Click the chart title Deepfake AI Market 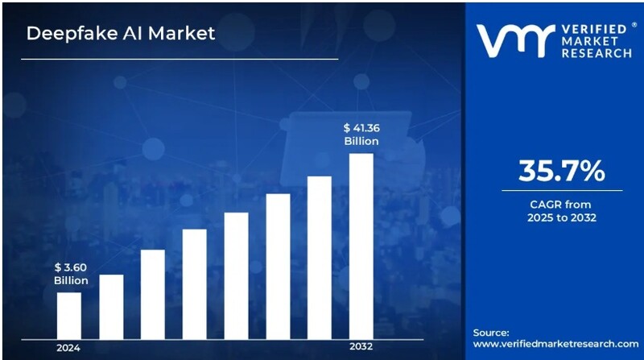121,34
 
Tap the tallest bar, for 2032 361,246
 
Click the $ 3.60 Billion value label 71,273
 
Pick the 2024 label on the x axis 68,348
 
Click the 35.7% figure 561,172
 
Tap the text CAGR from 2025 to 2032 561,211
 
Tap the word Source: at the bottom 491,332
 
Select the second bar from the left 111,307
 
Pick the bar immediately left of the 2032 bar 320,257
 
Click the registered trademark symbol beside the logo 633,25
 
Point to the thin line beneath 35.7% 561,191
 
